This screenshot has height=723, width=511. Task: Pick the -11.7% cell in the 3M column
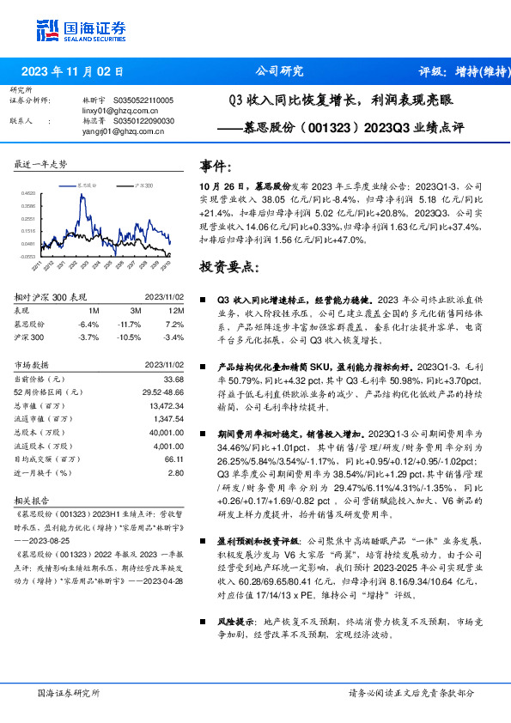tap(129, 324)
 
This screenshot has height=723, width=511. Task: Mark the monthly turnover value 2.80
tap(175, 472)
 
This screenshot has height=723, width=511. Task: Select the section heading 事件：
tap(216, 166)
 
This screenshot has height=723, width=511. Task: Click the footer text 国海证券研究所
tap(68, 693)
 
